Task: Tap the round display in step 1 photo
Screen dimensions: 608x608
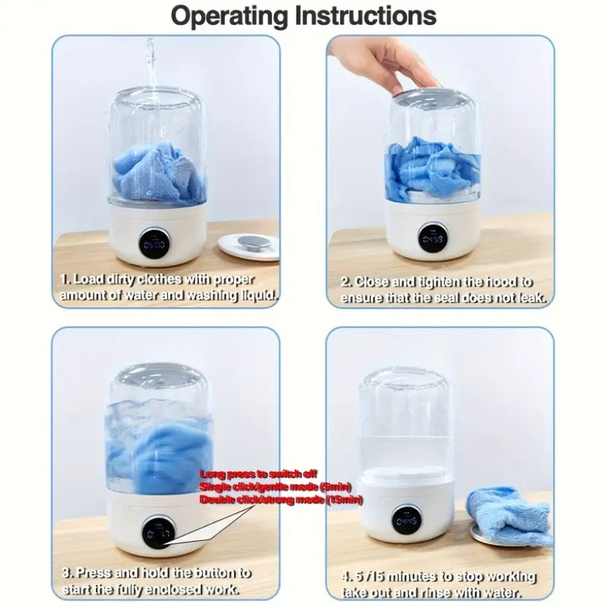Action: coord(154,242)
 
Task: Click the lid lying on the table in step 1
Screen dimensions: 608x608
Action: coord(248,244)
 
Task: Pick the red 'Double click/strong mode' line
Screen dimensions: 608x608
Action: coord(281,499)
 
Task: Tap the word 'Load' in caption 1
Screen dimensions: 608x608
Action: coord(89,279)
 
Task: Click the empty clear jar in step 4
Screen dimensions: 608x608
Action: coord(407,418)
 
